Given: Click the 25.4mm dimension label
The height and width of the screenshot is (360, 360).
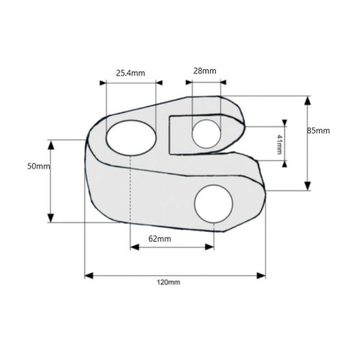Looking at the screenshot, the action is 130,73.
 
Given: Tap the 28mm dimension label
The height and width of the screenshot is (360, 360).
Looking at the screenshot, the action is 204,71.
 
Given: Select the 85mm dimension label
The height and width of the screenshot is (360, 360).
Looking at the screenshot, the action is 318,131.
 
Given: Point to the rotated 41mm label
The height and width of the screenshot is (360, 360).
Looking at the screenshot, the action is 279,144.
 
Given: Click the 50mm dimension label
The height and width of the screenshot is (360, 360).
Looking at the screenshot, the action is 39,166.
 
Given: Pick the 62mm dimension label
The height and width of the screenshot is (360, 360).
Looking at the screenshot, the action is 160,239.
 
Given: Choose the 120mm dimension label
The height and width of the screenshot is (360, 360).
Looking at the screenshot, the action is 168,282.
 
